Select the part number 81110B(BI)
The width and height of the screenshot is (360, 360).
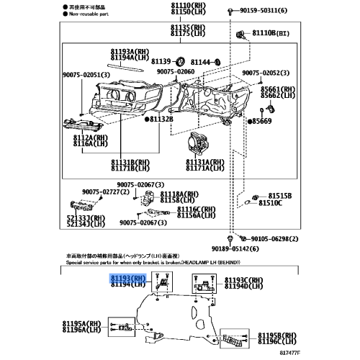tap(273, 33)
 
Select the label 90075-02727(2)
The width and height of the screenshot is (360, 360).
tap(107, 192)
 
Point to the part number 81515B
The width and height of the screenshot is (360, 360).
tap(279, 195)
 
